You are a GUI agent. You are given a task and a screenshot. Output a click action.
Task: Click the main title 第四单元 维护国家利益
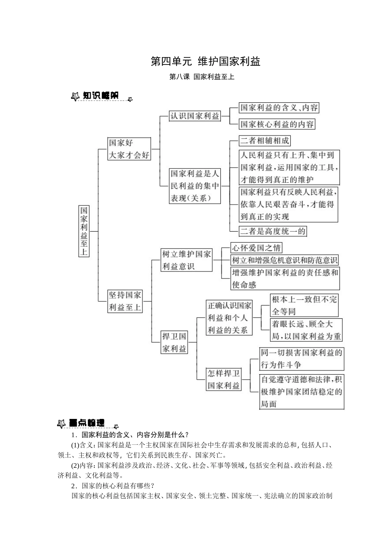coord(205,62)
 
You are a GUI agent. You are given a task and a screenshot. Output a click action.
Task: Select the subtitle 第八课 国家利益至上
coord(202,76)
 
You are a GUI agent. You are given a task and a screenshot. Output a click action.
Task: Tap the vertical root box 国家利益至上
coord(84,231)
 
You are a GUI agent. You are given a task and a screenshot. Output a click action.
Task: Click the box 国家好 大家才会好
coord(129,149)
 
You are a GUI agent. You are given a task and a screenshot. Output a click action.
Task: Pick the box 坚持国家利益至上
coord(125,301)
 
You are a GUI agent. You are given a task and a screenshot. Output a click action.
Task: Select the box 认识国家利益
coord(195,116)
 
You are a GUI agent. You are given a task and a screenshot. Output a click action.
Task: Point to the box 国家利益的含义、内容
coord(279,108)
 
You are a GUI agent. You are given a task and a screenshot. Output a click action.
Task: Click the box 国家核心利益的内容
coord(277,124)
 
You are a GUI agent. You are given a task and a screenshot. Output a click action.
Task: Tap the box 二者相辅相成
coord(265,141)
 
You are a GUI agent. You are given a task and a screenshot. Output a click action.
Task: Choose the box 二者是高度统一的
coord(273,231)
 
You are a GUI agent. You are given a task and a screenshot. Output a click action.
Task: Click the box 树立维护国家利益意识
coord(187,260)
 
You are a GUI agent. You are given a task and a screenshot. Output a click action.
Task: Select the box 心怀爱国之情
coord(256,248)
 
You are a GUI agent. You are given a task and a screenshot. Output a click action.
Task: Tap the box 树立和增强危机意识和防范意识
coord(284,260)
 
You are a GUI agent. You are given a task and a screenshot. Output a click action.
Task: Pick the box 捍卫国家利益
coord(174,342)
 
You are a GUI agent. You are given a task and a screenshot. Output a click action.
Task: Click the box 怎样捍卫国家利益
coord(223,379)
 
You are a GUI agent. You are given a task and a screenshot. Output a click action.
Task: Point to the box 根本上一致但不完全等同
coord(304,305)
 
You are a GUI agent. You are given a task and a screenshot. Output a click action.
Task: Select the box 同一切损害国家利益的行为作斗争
coord(302,359)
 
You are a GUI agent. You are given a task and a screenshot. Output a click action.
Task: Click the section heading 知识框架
coord(100,96)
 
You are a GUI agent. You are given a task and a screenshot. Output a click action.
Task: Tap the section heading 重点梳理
coord(86,423)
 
